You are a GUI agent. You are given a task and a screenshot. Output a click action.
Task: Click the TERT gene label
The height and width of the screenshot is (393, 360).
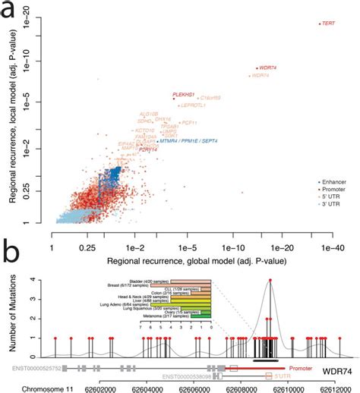point(330,24)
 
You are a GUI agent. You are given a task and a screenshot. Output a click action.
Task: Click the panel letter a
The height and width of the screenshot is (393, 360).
point(7,10)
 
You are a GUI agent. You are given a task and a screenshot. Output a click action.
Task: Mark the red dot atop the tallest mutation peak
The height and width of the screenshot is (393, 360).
point(268,280)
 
